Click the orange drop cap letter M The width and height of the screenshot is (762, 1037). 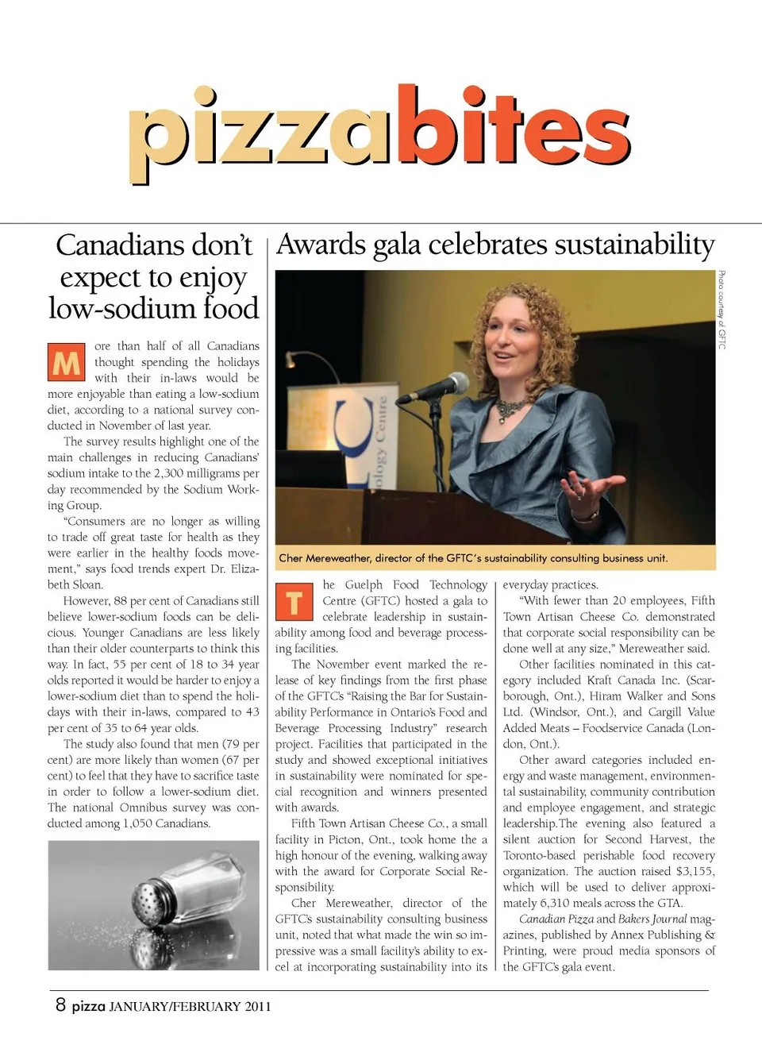coord(66,362)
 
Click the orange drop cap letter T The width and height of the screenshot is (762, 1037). coord(294,601)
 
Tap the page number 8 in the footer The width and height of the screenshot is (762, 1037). coord(60,1004)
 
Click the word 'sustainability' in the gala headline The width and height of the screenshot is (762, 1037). coord(634,245)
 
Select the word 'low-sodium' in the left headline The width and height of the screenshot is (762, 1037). coord(115,308)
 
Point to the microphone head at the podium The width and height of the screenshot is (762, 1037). coord(455,384)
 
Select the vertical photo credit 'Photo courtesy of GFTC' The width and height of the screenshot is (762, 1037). coord(722,310)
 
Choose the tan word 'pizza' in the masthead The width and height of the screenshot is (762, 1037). coord(260,135)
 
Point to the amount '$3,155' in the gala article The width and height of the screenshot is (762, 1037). coord(695,871)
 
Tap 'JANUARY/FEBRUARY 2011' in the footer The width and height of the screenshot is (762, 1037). coord(190,1006)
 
